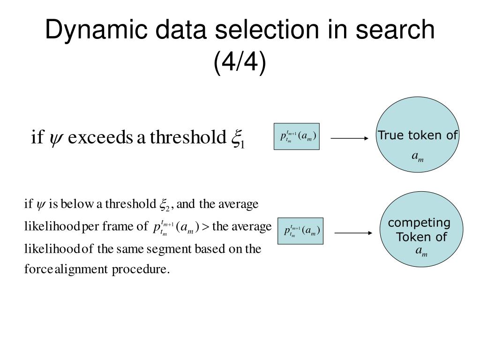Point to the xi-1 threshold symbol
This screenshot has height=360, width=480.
tap(238, 139)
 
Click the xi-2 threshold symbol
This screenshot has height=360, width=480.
tap(165, 205)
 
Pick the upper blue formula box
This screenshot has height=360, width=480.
tap(296, 136)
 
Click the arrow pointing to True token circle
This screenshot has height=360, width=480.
tap(350, 138)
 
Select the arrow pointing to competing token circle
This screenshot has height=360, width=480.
tap(353, 232)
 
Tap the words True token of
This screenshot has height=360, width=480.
tap(418, 135)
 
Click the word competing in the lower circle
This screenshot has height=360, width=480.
tap(419, 222)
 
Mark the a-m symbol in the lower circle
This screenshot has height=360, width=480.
tap(421, 252)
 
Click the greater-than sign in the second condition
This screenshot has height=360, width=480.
tap(205, 227)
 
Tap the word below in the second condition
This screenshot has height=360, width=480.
tap(76, 204)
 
